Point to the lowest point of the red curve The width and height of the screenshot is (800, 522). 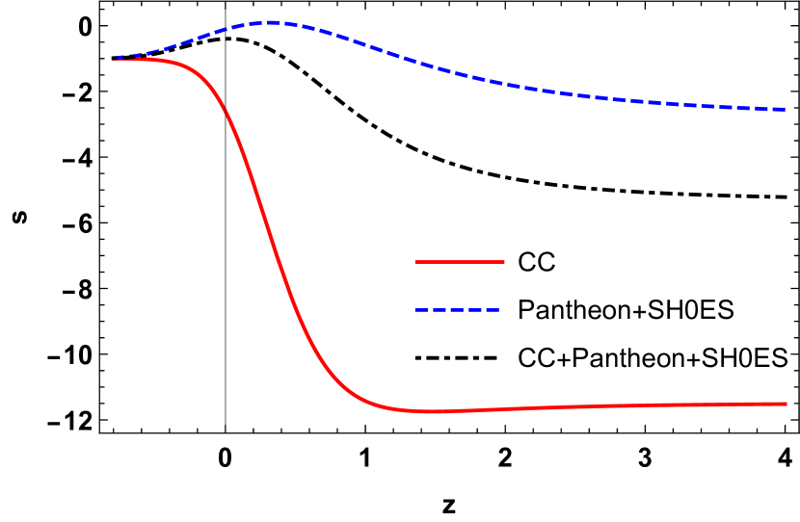(434, 411)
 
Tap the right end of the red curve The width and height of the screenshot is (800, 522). (787, 404)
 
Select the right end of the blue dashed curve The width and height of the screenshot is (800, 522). (786, 110)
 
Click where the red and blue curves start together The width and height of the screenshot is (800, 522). (113, 59)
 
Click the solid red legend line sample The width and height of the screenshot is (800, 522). (459, 262)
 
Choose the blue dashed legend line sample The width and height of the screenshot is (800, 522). (457, 310)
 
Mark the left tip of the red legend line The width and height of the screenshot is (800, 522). (415, 262)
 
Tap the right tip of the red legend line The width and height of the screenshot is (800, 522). (503, 262)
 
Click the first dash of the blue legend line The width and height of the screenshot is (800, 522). (420, 310)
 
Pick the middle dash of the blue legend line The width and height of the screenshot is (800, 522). (457, 310)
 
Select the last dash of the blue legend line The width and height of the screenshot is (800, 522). (492, 310)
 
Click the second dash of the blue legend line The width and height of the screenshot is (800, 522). (439, 310)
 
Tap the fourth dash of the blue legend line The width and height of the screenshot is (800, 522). (474, 310)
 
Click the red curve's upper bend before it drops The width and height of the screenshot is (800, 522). (198, 73)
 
